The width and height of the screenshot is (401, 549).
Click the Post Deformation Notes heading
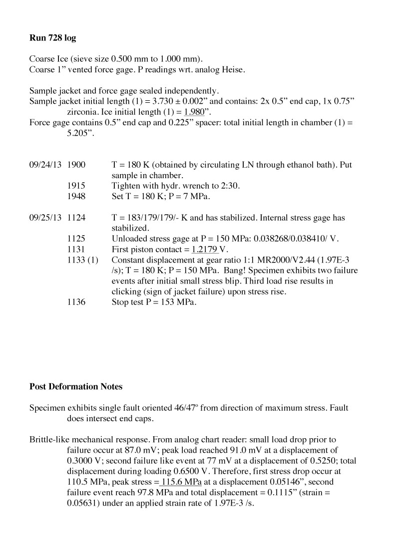(x=76, y=386)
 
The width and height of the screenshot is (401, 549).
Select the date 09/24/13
(x=45, y=165)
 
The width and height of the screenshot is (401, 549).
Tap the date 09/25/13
(x=45, y=218)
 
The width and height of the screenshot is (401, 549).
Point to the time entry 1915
(x=76, y=186)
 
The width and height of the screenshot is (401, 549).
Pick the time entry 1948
(x=76, y=196)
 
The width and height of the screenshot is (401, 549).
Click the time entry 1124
(x=76, y=218)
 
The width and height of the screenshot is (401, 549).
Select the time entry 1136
(x=76, y=302)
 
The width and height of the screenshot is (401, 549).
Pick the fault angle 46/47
(x=182, y=408)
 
